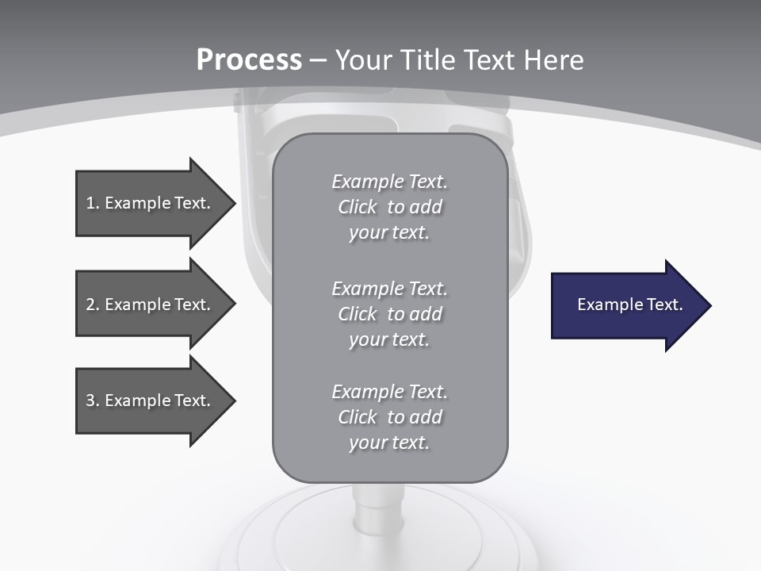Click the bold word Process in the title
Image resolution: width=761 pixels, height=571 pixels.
[x=249, y=60]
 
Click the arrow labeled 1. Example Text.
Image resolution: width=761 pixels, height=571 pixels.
[x=151, y=203]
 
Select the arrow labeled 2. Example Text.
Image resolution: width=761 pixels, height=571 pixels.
[x=151, y=305]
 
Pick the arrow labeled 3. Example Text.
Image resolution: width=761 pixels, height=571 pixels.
[x=151, y=400]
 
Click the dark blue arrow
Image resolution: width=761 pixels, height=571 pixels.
[x=626, y=305]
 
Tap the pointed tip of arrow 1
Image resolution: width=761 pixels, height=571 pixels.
[x=232, y=203]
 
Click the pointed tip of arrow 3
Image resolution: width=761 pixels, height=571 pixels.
[x=232, y=400]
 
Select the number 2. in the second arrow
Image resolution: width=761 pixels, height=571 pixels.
[x=92, y=305]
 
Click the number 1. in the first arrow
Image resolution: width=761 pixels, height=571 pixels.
[x=92, y=203]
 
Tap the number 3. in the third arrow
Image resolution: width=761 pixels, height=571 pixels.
[x=92, y=400]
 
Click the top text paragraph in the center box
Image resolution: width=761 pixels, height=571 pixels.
[x=389, y=207]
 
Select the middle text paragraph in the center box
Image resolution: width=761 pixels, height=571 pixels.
[x=389, y=313]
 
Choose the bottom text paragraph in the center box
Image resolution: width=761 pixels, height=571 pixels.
[x=389, y=417]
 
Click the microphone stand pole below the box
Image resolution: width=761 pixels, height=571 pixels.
[x=369, y=508]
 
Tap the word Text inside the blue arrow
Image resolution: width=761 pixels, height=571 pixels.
[x=664, y=305]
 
